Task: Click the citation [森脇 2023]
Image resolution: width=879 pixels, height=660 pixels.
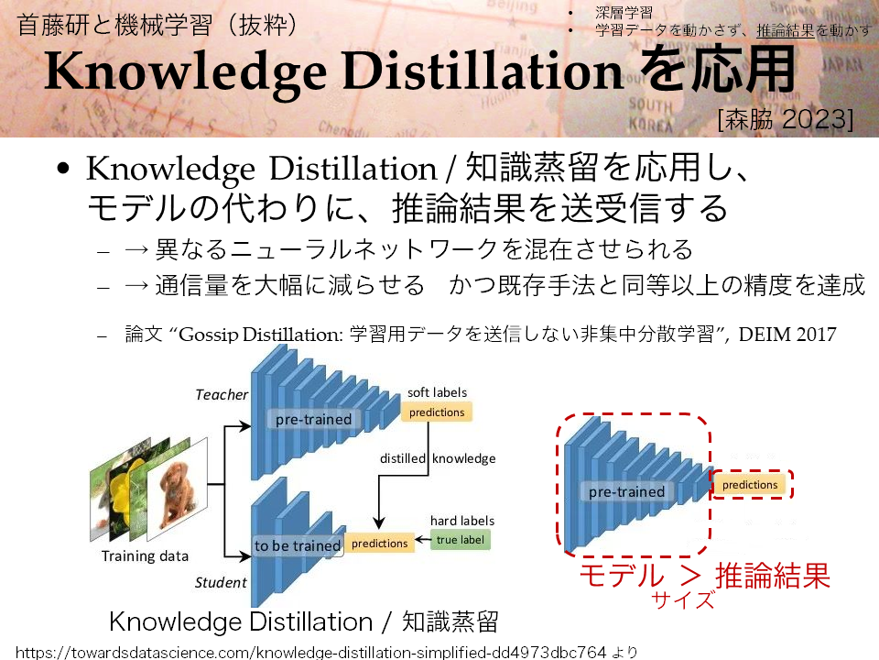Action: (x=786, y=119)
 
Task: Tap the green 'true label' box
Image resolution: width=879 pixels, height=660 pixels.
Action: (x=461, y=540)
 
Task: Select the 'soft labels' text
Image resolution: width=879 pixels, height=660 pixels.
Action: (x=438, y=392)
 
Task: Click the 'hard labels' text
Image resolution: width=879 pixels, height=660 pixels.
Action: (x=462, y=521)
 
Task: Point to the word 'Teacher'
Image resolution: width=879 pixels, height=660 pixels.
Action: (x=222, y=394)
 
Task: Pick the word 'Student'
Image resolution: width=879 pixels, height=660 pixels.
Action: (x=221, y=583)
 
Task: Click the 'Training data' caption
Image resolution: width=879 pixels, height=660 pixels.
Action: (x=145, y=556)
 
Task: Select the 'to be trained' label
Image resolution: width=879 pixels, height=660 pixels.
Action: (x=297, y=545)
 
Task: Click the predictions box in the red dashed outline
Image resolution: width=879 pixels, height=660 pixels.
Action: (x=750, y=485)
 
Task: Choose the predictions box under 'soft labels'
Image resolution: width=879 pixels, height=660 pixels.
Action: (x=437, y=412)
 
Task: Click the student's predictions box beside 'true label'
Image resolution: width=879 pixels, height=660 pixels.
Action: (x=379, y=544)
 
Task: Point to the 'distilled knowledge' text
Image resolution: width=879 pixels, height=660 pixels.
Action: (x=438, y=458)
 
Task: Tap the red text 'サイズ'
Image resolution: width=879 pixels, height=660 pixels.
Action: (x=683, y=599)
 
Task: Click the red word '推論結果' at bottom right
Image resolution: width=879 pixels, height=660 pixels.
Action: (x=773, y=576)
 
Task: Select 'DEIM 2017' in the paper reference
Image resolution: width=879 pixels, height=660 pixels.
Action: (x=787, y=335)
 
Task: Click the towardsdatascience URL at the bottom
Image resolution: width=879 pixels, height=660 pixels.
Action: (x=311, y=652)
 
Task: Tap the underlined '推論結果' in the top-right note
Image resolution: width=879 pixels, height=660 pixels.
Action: (x=786, y=30)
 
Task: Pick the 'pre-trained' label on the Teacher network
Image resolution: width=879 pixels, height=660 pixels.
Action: (x=313, y=419)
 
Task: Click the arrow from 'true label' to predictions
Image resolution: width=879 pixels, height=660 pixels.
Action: (x=423, y=541)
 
